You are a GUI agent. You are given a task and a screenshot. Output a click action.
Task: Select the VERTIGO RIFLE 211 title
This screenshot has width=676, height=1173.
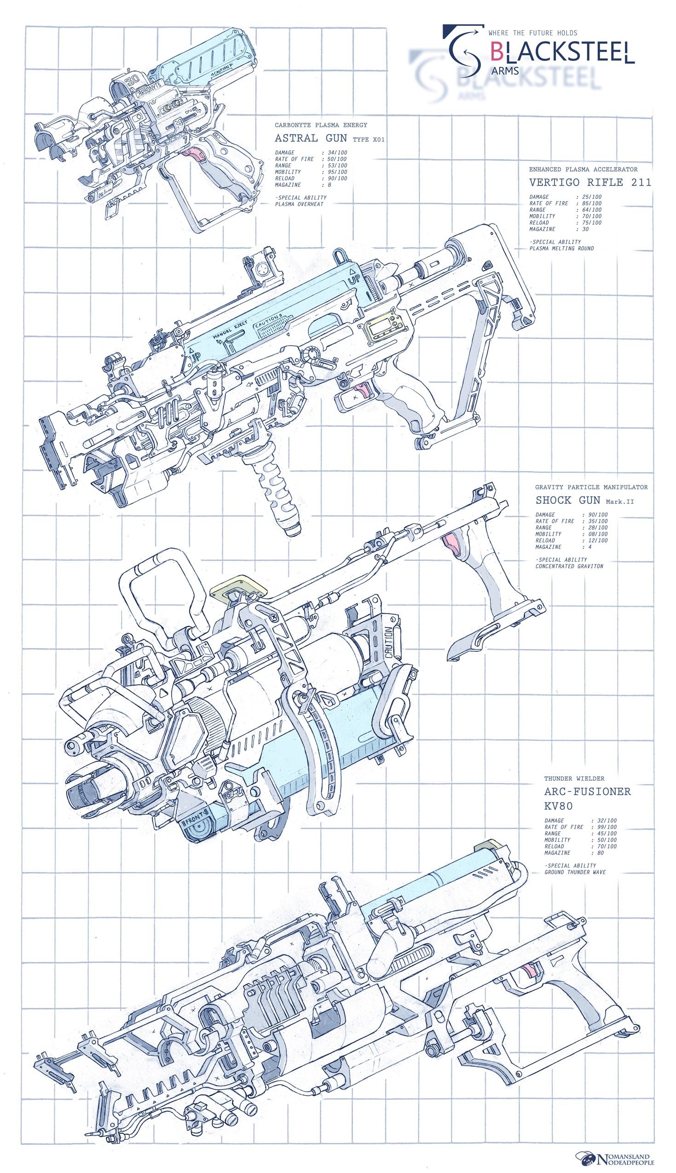point(589,182)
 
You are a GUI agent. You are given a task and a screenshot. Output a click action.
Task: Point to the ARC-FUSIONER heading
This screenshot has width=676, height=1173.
point(587,792)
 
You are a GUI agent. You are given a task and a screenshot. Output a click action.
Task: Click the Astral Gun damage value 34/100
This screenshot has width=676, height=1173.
point(337,152)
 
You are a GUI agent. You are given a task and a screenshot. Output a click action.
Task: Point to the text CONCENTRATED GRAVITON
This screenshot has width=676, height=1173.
point(569,566)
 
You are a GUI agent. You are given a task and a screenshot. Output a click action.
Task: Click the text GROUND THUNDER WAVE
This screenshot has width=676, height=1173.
point(575,872)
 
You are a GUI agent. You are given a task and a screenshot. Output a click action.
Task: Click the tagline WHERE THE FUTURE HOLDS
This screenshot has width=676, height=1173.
point(532,33)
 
